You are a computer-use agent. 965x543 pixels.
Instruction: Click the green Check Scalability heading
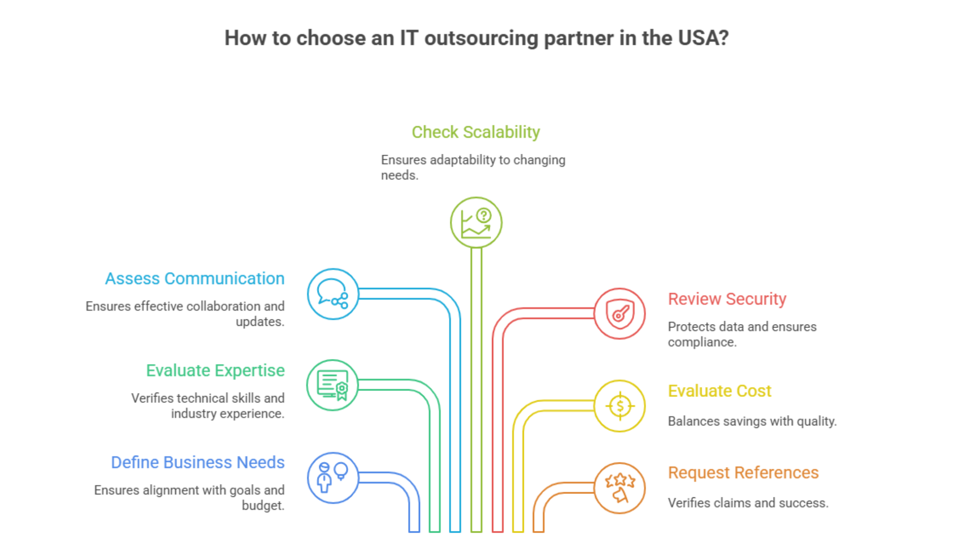[476, 132]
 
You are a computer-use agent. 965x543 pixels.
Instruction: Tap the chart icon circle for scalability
[476, 223]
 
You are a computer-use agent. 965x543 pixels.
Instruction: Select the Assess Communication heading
[195, 279]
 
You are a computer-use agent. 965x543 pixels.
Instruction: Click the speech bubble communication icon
[333, 294]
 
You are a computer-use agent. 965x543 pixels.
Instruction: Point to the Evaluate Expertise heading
[215, 371]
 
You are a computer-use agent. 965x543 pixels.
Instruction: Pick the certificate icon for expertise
[333, 385]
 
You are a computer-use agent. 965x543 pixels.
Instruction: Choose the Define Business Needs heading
[198, 462]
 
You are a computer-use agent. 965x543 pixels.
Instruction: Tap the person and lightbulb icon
[333, 477]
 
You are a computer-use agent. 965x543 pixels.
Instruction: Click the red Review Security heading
[727, 299]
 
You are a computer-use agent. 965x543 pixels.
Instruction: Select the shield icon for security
[619, 314]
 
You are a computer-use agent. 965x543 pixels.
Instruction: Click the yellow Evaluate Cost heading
[719, 391]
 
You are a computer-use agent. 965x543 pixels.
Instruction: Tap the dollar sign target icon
[619, 406]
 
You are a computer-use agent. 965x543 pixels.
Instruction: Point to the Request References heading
[743, 473]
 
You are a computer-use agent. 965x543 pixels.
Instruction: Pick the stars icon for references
[619, 488]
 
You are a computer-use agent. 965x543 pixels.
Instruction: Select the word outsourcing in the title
[481, 38]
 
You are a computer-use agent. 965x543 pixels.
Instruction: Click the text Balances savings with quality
[752, 421]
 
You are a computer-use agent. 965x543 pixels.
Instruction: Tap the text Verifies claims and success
[748, 503]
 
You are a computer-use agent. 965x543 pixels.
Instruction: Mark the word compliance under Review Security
[702, 342]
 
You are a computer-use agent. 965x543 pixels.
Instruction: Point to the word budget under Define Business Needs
[263, 506]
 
